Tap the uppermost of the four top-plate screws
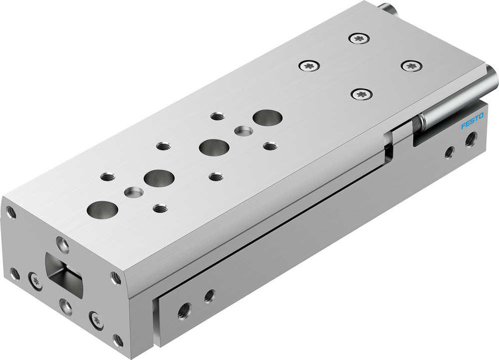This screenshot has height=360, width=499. (x=359, y=38)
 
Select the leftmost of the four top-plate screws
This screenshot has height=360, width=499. (x=309, y=65)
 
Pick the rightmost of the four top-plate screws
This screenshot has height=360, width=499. (x=412, y=65)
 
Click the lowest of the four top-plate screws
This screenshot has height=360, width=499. (x=362, y=93)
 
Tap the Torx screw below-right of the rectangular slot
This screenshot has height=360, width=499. (x=96, y=319)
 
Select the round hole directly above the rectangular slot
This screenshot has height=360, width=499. (x=62, y=244)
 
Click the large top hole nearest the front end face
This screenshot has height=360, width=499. (x=102, y=209)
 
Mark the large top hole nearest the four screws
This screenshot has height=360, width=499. (x=267, y=118)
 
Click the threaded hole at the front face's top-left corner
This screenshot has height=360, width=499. (x=11, y=212)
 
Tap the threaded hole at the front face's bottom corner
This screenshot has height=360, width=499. (x=118, y=341)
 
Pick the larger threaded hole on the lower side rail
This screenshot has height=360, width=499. (x=184, y=311)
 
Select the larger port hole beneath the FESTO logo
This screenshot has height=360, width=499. (x=470, y=140)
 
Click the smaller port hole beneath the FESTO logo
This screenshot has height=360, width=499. (x=450, y=152)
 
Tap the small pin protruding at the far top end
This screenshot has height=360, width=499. (x=387, y=8)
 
